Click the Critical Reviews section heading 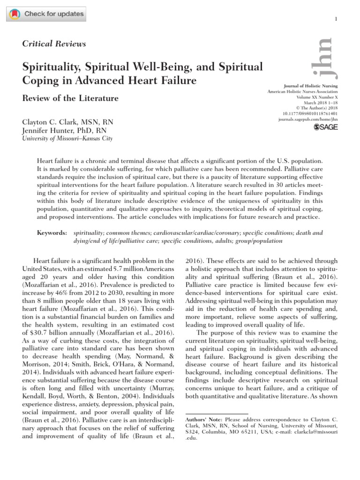[x=54, y=44]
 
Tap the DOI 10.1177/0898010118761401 [x=310, y=113]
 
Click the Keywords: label [x=51, y=233]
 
